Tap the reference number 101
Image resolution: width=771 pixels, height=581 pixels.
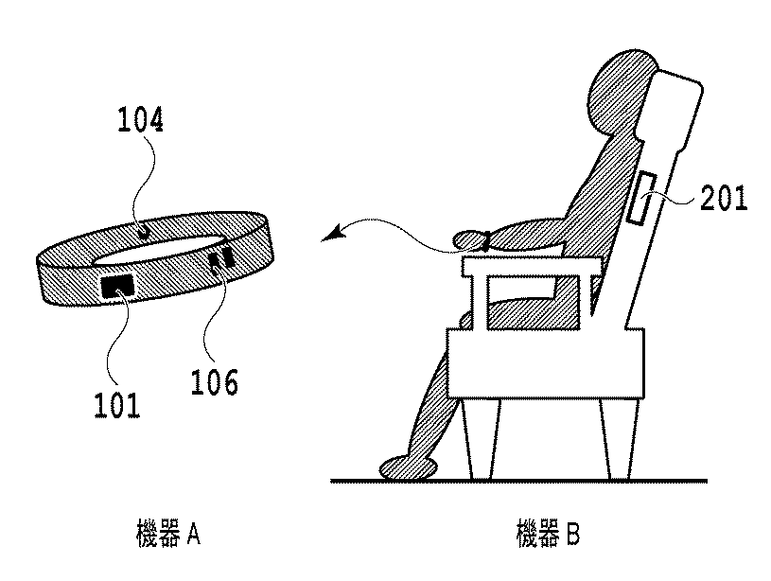point(117,405)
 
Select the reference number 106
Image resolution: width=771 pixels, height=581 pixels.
point(214,382)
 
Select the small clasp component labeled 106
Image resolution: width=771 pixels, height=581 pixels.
point(223,259)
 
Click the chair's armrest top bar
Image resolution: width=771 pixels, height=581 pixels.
point(530,270)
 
